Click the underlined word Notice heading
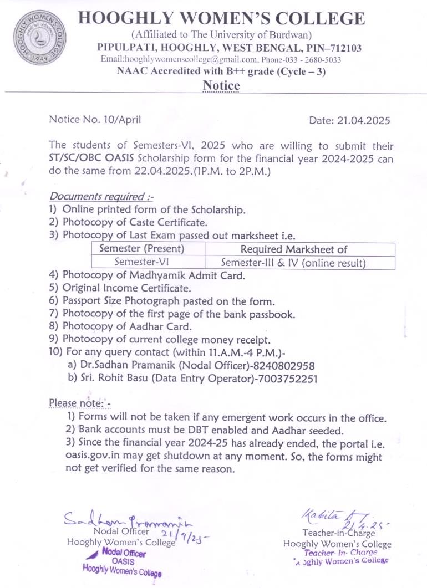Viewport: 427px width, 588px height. click(x=221, y=86)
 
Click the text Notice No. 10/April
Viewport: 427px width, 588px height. click(x=95, y=119)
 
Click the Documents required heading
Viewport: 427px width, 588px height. click(x=103, y=196)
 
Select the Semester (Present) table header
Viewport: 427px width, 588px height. click(x=149, y=249)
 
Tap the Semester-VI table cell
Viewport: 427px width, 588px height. click(x=149, y=262)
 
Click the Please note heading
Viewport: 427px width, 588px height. click(x=80, y=402)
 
